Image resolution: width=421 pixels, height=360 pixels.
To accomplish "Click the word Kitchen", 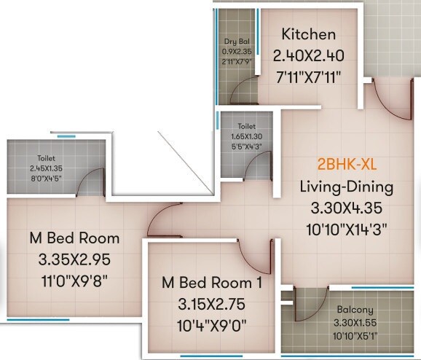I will pyautogui.click(x=309, y=34).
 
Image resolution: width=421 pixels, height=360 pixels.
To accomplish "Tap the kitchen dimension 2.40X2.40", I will pyautogui.click(x=309, y=55).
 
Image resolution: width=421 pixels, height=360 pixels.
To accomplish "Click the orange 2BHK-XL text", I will pyautogui.click(x=347, y=164).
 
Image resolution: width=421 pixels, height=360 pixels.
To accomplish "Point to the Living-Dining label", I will pyautogui.click(x=347, y=187).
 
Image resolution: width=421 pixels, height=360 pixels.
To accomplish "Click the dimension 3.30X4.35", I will pyautogui.click(x=347, y=208).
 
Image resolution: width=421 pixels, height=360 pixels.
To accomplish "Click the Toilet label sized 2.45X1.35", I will pyautogui.click(x=47, y=157).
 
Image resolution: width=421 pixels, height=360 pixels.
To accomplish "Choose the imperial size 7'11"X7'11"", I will pyautogui.click(x=309, y=77).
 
